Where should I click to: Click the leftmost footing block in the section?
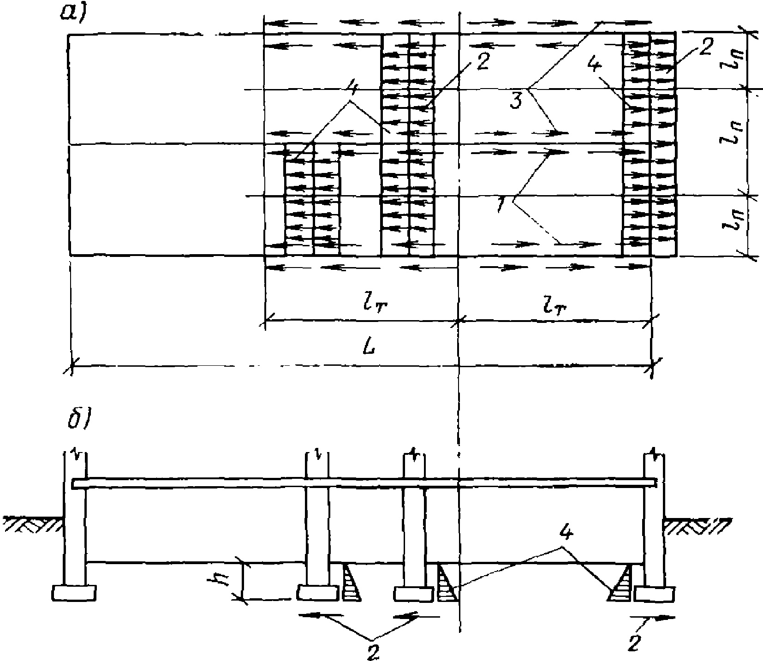tap(74, 592)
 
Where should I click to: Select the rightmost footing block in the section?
tap(655, 594)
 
